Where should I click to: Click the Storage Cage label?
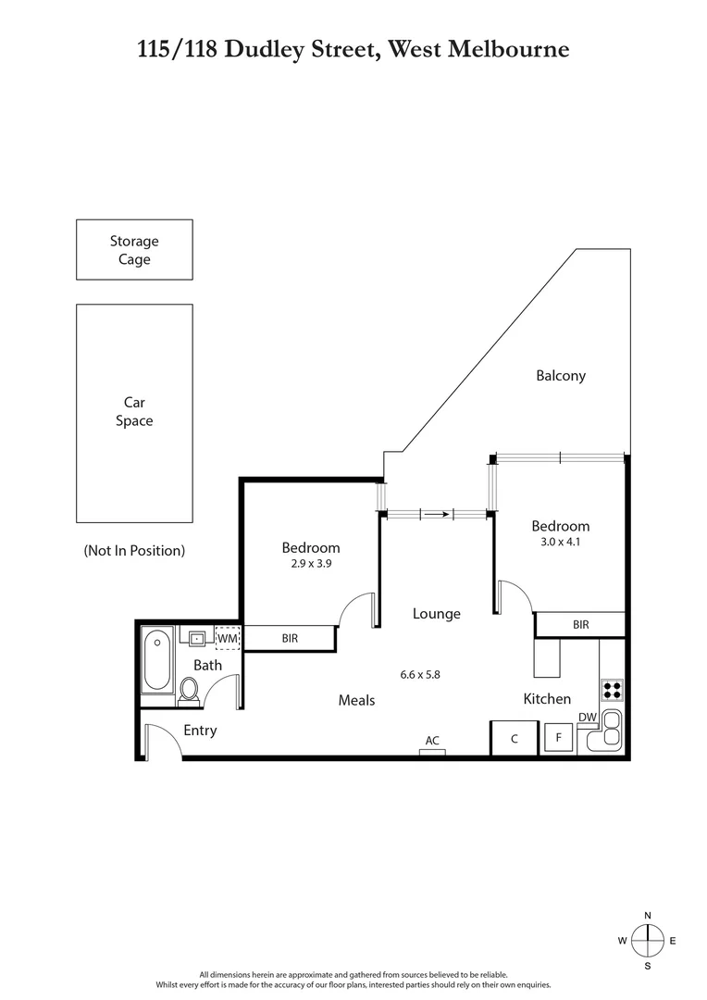134,250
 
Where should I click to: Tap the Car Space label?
134,411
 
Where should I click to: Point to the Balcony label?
560,376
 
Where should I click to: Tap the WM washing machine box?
227,637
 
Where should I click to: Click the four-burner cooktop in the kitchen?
612,689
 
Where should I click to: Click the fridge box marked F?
558,738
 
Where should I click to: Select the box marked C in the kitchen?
514,738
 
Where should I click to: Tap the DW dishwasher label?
587,717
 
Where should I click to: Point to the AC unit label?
432,741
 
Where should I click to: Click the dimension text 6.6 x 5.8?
419,674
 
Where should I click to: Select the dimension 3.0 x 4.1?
561,542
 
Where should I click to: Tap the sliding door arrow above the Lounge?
436,515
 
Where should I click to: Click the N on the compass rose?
648,915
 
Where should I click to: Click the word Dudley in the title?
277,48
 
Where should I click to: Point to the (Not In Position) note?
134,550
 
